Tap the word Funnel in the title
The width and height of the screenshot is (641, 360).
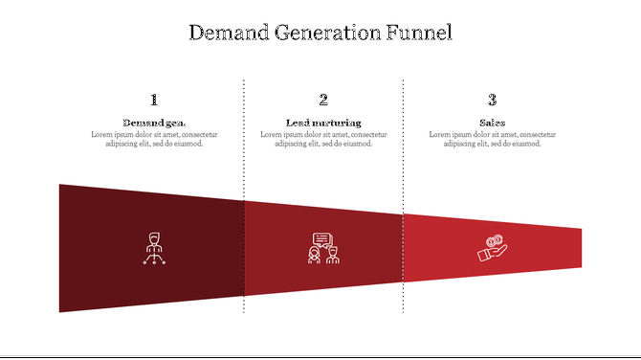click(419, 33)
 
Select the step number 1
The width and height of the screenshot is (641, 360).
click(154, 100)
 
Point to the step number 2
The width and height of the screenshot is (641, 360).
click(323, 100)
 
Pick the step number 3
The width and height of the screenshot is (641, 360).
click(492, 100)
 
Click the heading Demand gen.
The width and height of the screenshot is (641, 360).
click(154, 123)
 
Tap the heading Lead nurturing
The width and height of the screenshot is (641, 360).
click(323, 123)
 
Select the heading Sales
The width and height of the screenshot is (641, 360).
click(492, 123)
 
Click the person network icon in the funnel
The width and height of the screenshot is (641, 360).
click(154, 248)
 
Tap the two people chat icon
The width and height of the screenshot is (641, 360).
click(323, 248)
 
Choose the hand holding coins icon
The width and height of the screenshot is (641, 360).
click(492, 249)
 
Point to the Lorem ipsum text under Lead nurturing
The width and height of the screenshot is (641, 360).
click(323, 140)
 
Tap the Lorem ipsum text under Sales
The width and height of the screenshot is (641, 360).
click(492, 140)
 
